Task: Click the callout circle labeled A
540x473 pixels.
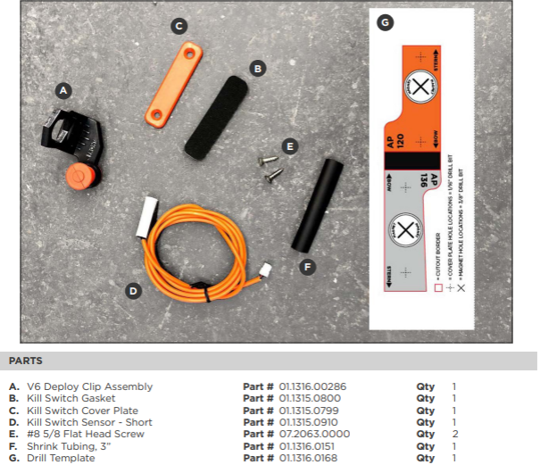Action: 62,90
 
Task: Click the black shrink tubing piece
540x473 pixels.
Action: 316,205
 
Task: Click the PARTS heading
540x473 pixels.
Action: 26,361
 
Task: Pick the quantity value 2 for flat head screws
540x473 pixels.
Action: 453,434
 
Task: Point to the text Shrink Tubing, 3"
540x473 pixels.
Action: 71,446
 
